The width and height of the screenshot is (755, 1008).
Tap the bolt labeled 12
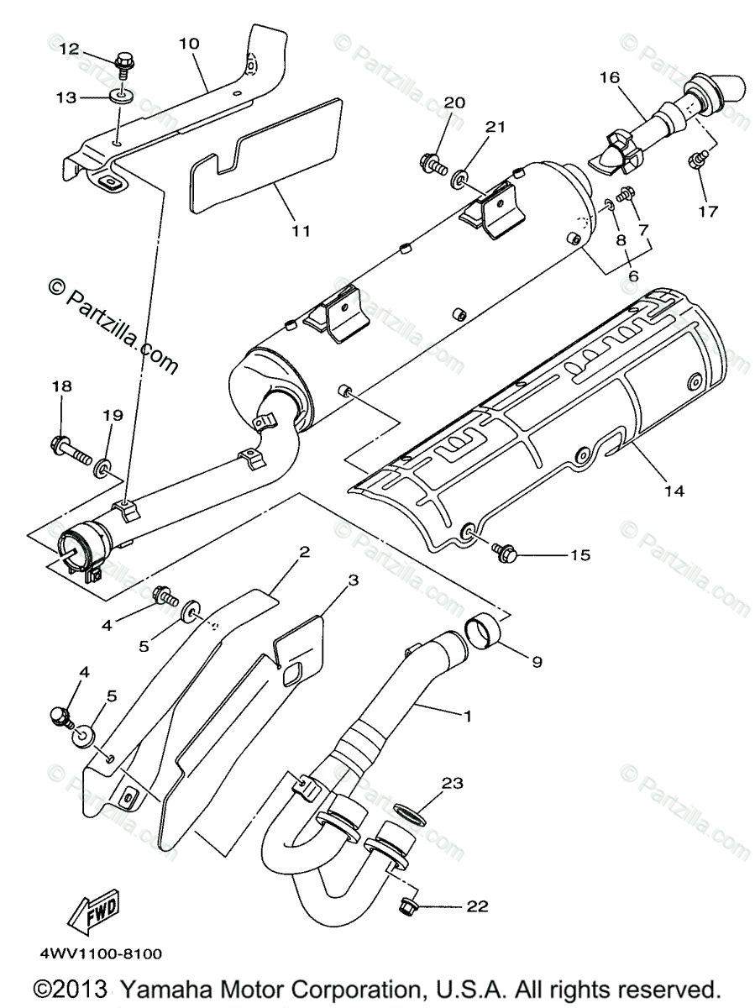tap(122, 62)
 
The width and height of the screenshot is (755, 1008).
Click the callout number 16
tap(609, 78)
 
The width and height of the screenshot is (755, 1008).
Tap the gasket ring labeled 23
tap(407, 813)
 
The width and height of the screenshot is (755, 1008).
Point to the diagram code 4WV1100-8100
tap(99, 954)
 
